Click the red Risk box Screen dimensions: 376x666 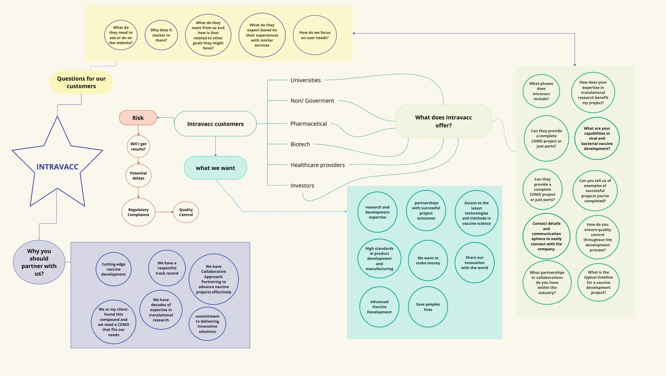[x=138, y=118]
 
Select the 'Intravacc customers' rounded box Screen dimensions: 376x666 [x=215, y=124]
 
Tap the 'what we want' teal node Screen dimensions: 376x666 [x=215, y=168]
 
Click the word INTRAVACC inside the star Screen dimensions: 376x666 [x=57, y=167]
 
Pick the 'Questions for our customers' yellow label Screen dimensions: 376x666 [x=81, y=82]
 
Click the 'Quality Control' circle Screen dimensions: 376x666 [x=186, y=212]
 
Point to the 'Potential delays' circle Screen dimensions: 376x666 [x=138, y=176]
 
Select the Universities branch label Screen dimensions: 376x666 [x=305, y=80]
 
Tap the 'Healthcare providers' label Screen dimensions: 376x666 [x=317, y=165]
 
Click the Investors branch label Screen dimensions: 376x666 [x=302, y=185]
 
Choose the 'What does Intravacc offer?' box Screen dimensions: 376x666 [x=443, y=121]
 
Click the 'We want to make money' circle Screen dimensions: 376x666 [x=428, y=260]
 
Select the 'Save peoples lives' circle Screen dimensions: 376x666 [x=428, y=307]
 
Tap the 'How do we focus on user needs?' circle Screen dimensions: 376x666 [x=315, y=35]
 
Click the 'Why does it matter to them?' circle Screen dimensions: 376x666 [x=161, y=35]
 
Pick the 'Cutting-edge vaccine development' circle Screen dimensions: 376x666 [x=113, y=269]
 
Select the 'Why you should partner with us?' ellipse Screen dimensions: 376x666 [x=39, y=262]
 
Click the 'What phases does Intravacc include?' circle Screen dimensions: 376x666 [x=541, y=91]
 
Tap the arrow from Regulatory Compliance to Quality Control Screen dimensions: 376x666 [x=164, y=212]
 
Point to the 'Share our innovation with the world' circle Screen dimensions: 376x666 [x=474, y=262]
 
